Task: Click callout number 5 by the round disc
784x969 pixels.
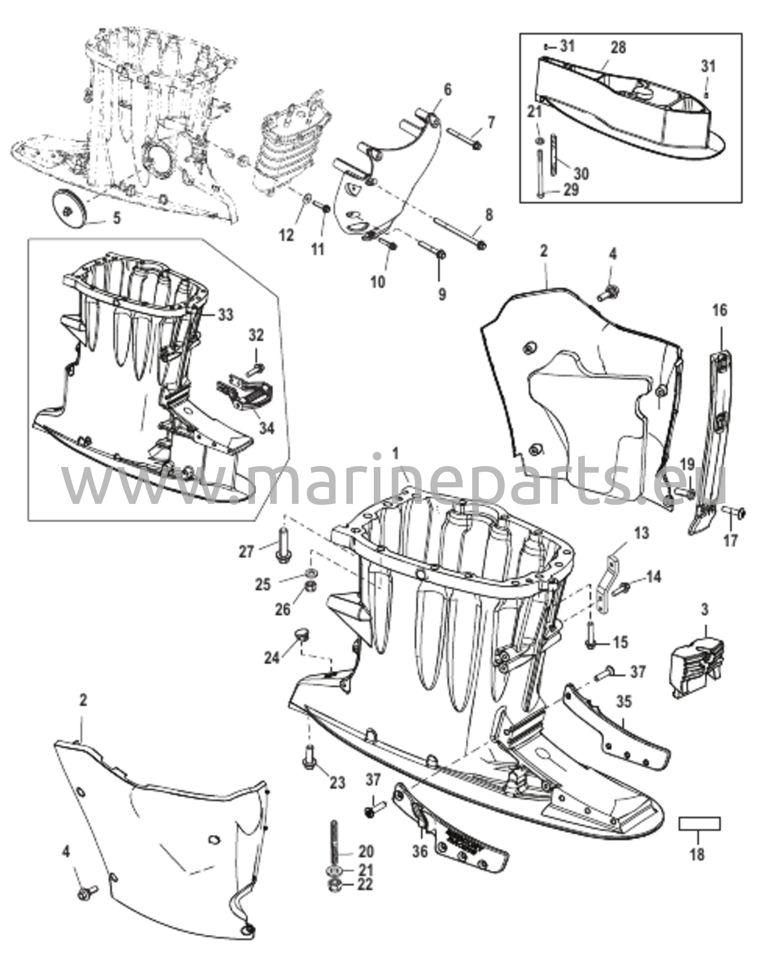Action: pyautogui.click(x=117, y=219)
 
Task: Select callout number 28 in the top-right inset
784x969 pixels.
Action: pyautogui.click(x=618, y=47)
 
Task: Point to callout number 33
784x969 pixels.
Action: pyautogui.click(x=226, y=314)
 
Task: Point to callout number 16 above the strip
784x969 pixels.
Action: pyautogui.click(x=720, y=311)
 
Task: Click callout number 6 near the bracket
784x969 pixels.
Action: pyautogui.click(x=448, y=89)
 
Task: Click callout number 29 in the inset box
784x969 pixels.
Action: pyautogui.click(x=571, y=190)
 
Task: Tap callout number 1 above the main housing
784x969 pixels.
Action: pyautogui.click(x=396, y=454)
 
